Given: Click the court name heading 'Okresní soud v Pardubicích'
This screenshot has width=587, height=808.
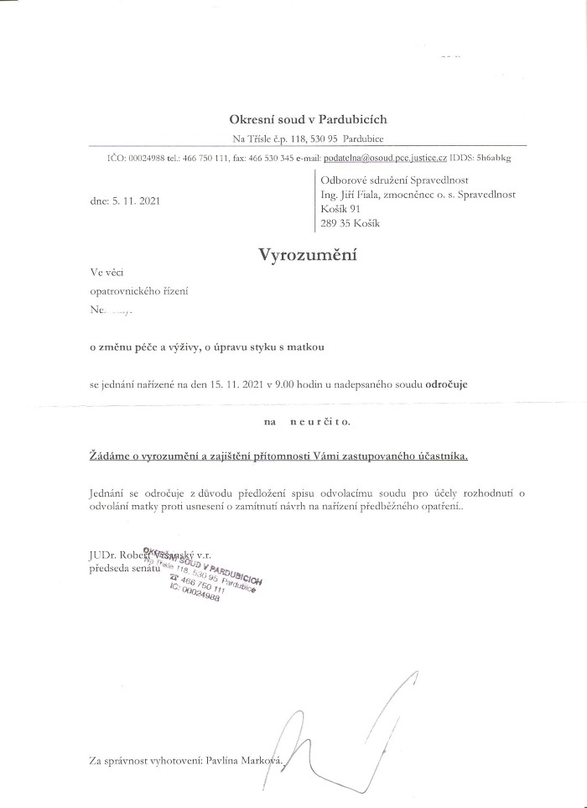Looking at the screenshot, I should click(309, 120).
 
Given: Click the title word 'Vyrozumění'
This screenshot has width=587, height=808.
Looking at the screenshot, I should click(308, 255).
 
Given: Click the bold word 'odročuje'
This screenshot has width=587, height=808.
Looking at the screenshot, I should click(447, 383).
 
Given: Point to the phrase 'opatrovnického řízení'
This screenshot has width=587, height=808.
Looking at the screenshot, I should click(139, 290).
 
